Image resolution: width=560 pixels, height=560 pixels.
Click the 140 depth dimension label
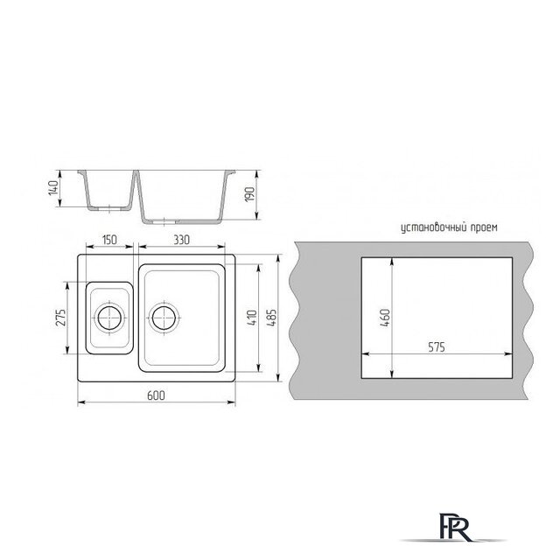(x=53, y=188)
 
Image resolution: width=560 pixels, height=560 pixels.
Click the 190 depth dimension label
(x=250, y=194)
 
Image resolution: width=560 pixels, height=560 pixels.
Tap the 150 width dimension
(x=109, y=240)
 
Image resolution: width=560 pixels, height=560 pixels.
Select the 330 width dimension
(x=182, y=240)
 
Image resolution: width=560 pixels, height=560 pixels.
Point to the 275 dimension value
(x=61, y=318)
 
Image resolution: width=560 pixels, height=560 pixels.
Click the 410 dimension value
(x=252, y=318)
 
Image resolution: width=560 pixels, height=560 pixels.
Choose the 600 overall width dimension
(x=157, y=395)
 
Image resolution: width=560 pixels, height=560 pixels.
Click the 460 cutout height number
(x=385, y=318)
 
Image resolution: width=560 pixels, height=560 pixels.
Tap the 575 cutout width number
(x=437, y=347)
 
